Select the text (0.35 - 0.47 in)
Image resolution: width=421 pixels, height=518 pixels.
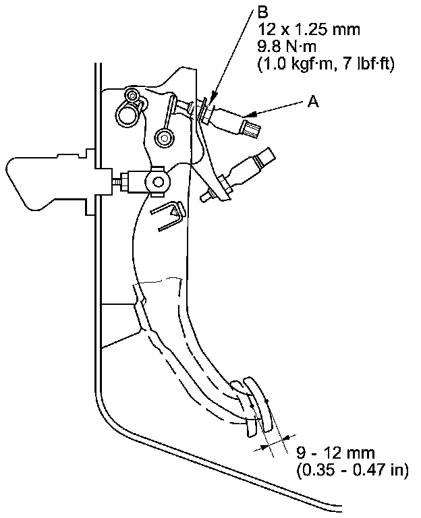(352, 470)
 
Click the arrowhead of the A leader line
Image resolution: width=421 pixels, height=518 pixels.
(251, 112)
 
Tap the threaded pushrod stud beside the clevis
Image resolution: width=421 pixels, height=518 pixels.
(121, 181)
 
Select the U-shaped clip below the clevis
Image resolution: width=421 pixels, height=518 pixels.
(169, 217)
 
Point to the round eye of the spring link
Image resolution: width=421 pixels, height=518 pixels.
(163, 138)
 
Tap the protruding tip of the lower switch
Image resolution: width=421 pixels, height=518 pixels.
(206, 197)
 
